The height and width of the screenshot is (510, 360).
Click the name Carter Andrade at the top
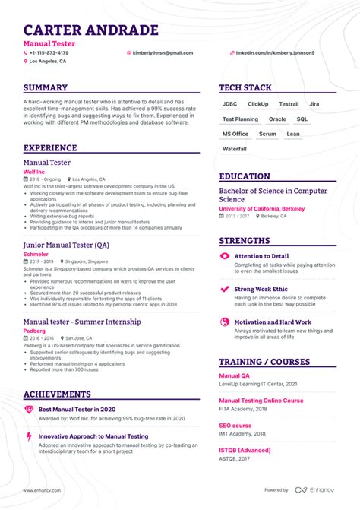pyautogui.click(x=91, y=30)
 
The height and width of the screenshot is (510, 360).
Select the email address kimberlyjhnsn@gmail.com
pyautogui.click(x=163, y=53)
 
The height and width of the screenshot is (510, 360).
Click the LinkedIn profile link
pyautogui.click(x=275, y=53)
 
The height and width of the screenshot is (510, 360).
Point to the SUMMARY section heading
pyautogui.click(x=46, y=88)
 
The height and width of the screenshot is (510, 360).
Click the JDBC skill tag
pyautogui.click(x=229, y=104)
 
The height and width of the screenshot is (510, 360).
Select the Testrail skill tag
pyautogui.click(x=289, y=104)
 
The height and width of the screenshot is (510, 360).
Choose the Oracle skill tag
pyautogui.click(x=277, y=119)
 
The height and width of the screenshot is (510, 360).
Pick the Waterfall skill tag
pyautogui.click(x=234, y=149)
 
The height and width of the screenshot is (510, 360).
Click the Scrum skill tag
pyautogui.click(x=267, y=134)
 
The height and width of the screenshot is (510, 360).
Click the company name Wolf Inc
pyautogui.click(x=35, y=172)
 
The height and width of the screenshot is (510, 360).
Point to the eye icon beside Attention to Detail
pyautogui.click(x=224, y=257)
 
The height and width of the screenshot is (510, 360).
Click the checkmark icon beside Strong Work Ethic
pyautogui.click(x=224, y=290)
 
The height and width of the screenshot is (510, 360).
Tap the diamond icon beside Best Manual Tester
pyautogui.click(x=29, y=410)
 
